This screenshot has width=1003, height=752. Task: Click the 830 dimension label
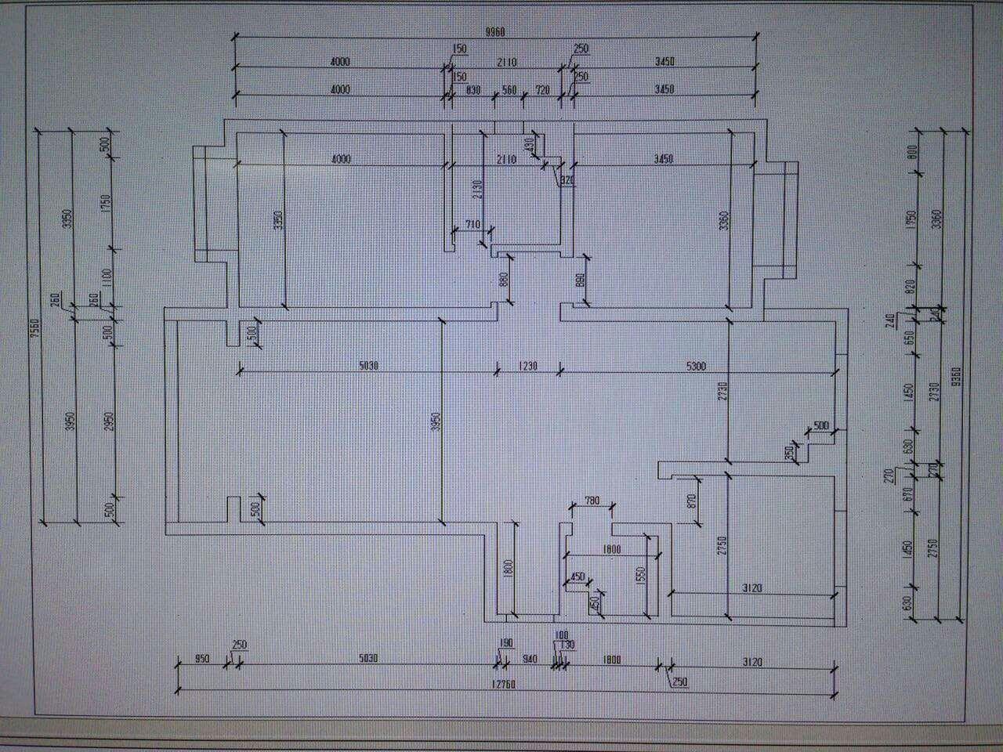coord(473,89)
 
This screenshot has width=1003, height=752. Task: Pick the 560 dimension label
coord(510,89)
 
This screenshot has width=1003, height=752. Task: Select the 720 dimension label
coord(542,89)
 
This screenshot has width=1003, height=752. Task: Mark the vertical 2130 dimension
coord(476,188)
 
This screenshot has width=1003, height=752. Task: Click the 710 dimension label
coord(473,225)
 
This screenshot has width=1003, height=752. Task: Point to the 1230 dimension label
coord(527,365)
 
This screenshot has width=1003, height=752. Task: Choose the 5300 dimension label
coord(696,365)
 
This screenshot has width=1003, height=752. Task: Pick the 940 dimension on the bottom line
coord(530,660)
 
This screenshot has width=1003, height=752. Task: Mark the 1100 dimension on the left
coord(107,277)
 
